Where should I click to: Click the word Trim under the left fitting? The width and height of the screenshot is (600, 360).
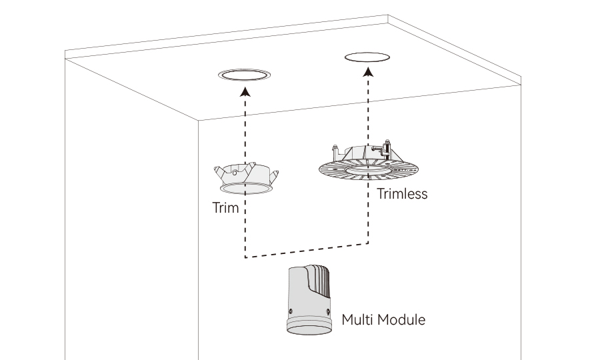tap(225, 207)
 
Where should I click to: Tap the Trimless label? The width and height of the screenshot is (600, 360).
tap(401, 195)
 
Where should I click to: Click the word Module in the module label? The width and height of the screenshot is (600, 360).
tap(401, 319)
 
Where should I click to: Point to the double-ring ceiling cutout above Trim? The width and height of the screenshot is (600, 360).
tap(245, 75)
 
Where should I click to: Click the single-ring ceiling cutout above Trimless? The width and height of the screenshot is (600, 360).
tap(367, 57)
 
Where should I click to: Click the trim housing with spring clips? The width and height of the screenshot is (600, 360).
tap(245, 176)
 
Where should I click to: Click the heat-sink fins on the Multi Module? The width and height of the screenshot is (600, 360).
tap(321, 279)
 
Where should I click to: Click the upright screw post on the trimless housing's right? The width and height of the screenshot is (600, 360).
tap(388, 150)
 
